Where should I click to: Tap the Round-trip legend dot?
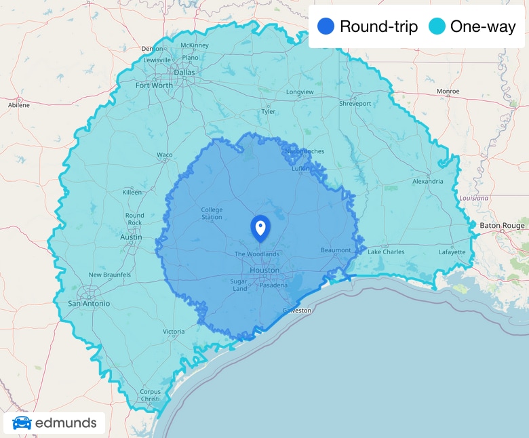tap(326, 26)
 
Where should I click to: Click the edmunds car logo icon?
tap(22, 424)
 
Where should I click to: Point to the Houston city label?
tap(264, 270)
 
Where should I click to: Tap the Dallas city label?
tap(184, 72)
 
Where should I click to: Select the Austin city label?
tap(131, 237)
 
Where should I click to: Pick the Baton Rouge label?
tap(502, 225)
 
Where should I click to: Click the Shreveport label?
tap(355, 104)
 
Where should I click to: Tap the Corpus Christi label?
tap(150, 395)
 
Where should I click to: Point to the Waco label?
tap(165, 155)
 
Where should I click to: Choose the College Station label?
tap(212, 214)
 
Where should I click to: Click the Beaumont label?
tap(336, 250)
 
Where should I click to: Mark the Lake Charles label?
tap(386, 252)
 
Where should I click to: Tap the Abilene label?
tap(19, 105)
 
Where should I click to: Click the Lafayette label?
tap(452, 252)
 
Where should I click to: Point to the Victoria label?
tap(174, 332)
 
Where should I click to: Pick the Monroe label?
tap(448, 91)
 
